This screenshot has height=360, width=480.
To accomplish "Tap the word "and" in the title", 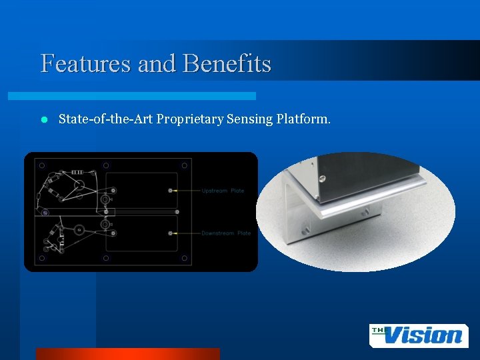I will coord(157,64).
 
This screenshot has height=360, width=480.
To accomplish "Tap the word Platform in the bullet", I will coord(303,119).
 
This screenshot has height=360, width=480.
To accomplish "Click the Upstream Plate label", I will coord(223,191).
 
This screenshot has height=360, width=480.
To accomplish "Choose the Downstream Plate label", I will coord(226,233).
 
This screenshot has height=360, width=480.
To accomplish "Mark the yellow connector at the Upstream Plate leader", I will coord(171,191).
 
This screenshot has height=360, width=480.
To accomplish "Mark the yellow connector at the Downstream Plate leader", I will coord(171,233).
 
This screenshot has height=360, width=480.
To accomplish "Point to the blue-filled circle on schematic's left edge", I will coord(45,213).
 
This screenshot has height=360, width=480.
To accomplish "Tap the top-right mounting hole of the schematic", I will coord(183,165).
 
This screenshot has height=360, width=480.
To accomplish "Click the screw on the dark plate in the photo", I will coord(321,178).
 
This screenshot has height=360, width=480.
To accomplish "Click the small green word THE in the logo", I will coord(381,330).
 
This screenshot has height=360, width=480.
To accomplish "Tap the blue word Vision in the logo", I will coord(424,335).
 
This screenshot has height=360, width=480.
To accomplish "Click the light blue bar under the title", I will coord(147,96).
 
